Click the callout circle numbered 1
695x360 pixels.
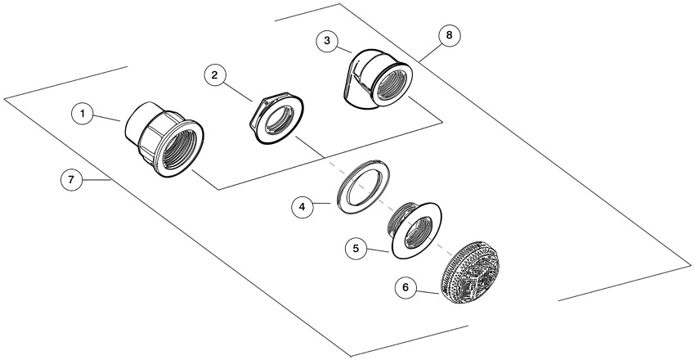point(83,114)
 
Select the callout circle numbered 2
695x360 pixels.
point(215,75)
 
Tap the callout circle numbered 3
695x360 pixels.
point(327,41)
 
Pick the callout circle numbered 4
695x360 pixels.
point(303,207)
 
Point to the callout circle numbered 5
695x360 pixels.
point(356,248)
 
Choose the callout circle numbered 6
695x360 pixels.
point(406,288)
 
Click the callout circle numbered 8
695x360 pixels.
point(450,35)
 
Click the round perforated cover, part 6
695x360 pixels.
point(471,272)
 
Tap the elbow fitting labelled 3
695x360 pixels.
point(378,79)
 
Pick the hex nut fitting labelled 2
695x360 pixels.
point(276,117)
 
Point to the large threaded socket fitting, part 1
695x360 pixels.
point(164,137)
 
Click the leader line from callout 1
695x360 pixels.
point(107,118)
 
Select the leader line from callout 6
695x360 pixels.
point(428,290)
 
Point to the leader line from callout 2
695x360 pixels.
point(239,92)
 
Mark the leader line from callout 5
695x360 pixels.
point(378,251)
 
